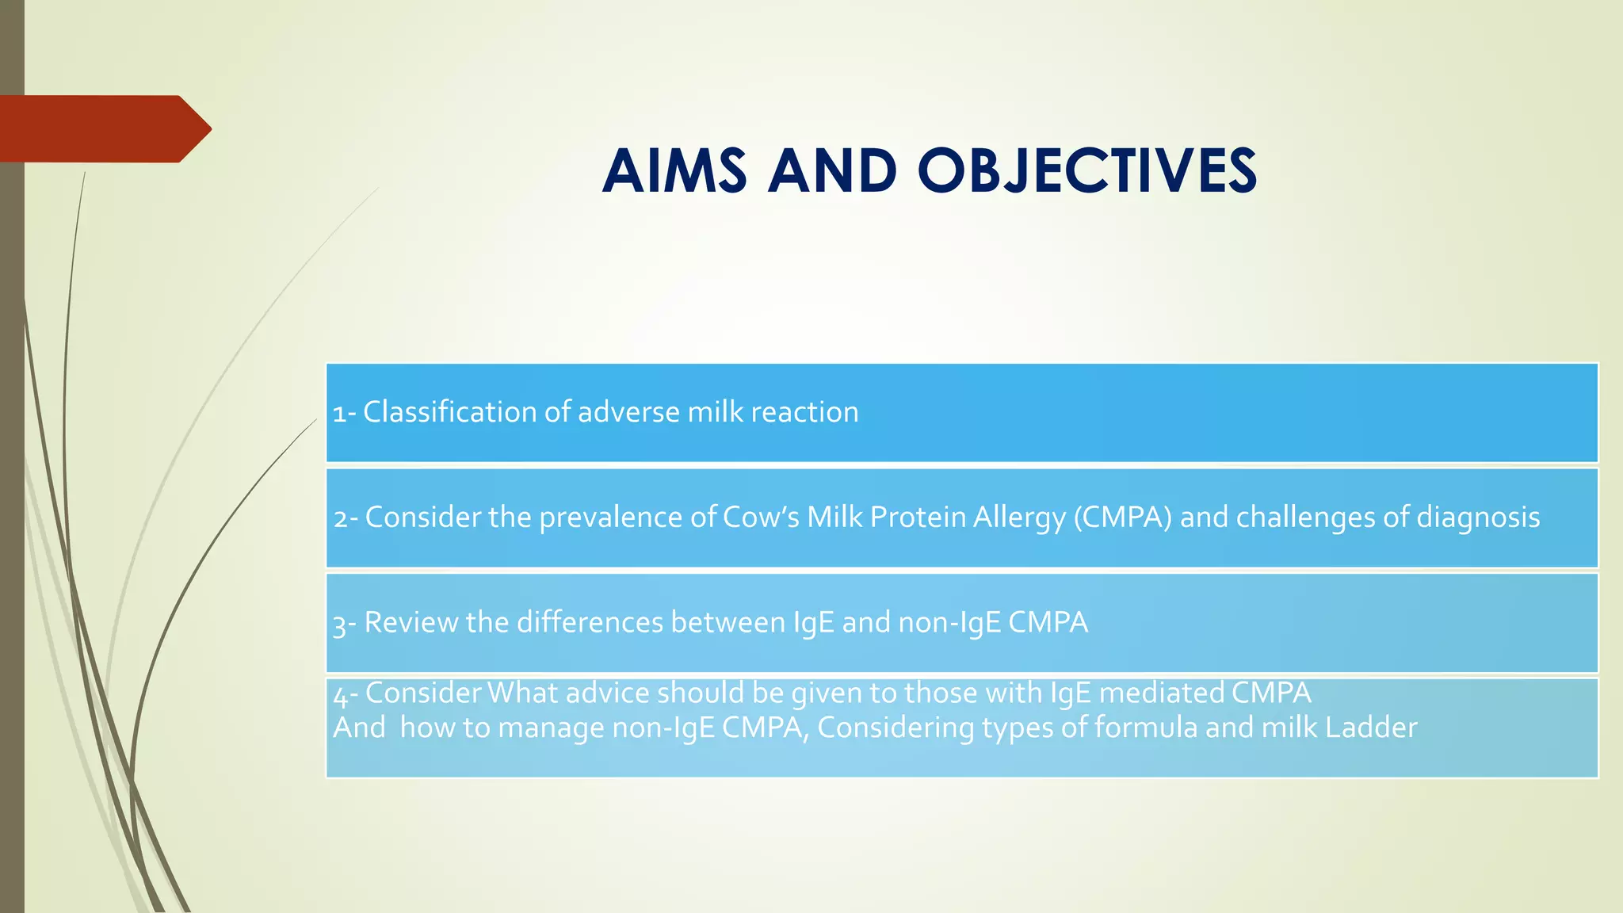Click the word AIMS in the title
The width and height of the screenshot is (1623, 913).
(x=674, y=171)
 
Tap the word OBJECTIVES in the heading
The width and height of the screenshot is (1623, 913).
(x=1087, y=171)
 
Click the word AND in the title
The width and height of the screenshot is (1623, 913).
(x=832, y=171)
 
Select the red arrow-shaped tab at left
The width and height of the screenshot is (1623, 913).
(x=103, y=128)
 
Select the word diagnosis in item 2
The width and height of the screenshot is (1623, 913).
(x=1478, y=518)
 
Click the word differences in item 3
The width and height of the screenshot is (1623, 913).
(x=590, y=622)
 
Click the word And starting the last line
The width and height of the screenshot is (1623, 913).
(x=359, y=728)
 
